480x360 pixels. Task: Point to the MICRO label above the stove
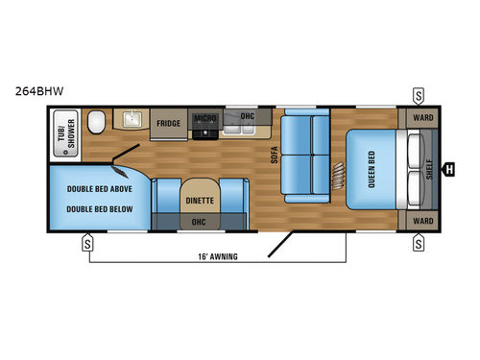pos(204,119)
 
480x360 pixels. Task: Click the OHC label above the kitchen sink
pos(247,117)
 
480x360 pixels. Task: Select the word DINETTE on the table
pos(200,202)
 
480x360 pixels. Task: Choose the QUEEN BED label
pos(371,171)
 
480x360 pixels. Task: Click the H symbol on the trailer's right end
pos(449,171)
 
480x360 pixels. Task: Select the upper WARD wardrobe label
pos(422,119)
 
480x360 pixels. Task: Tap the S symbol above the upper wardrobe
pos(420,94)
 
